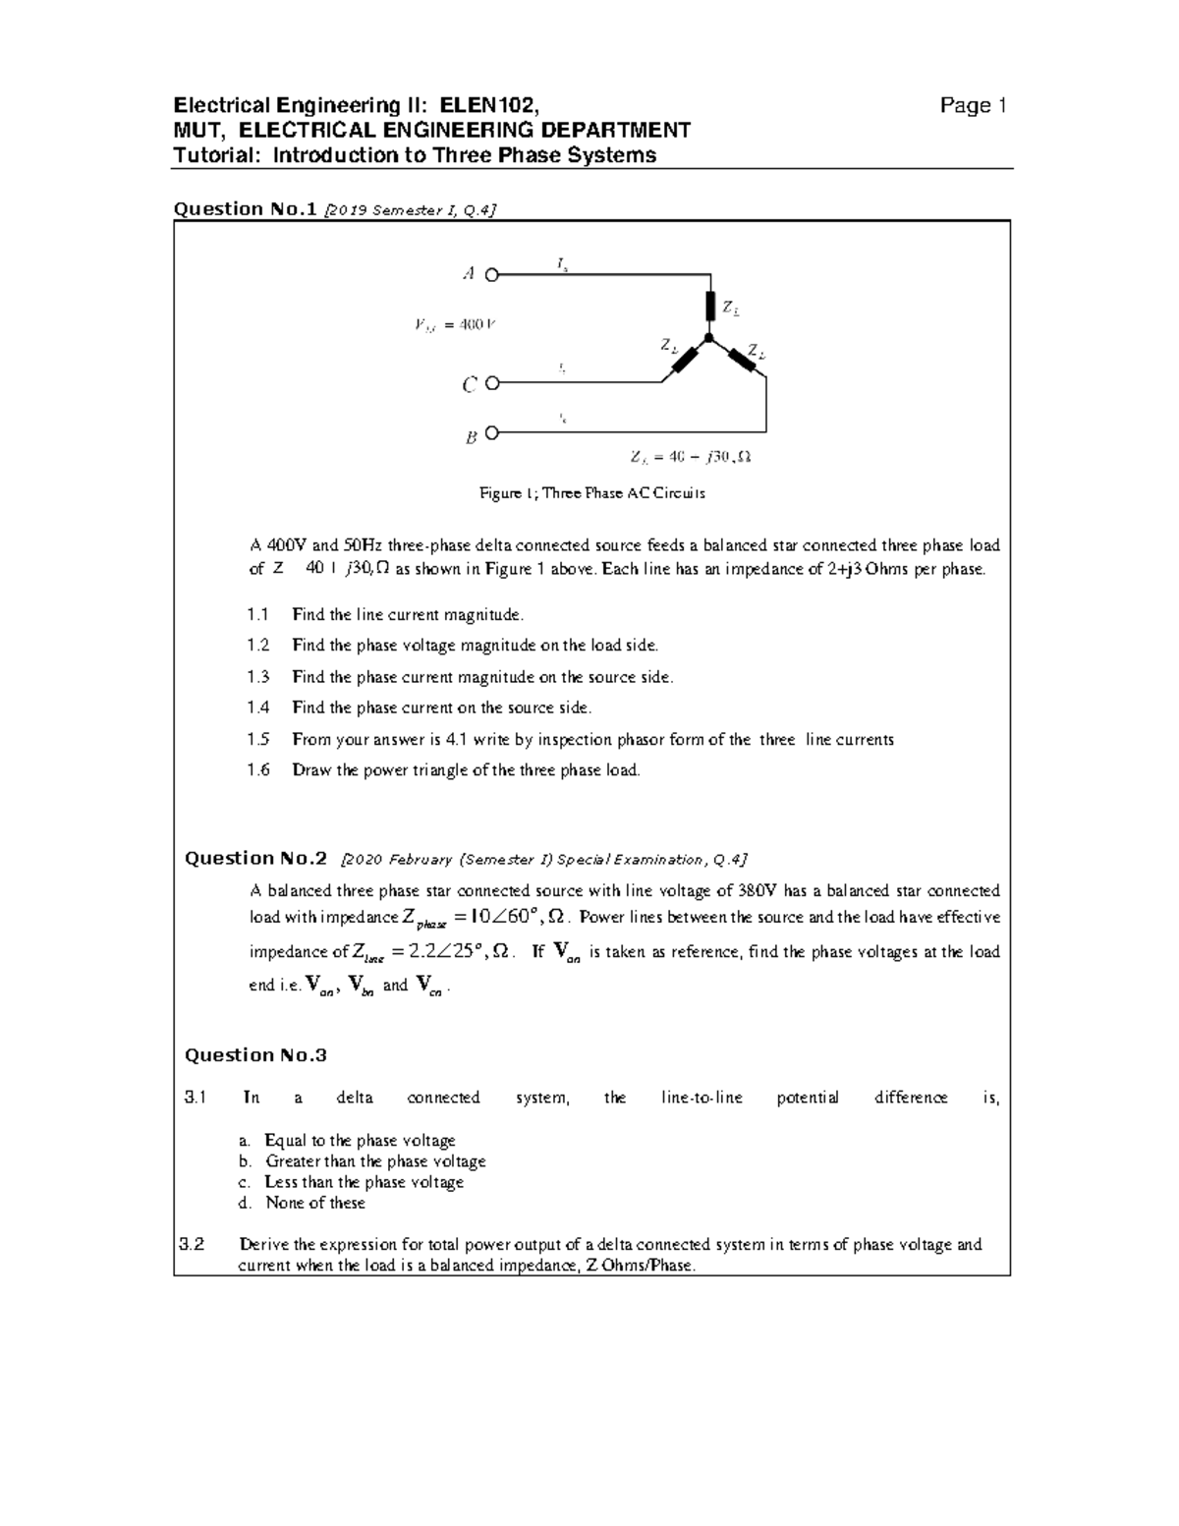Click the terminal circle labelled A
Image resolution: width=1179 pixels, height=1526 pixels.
492,275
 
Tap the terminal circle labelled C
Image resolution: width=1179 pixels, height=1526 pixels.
492,383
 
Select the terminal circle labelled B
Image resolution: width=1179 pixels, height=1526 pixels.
492,431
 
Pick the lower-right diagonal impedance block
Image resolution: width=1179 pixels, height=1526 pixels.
742,360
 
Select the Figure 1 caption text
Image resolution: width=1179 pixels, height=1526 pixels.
591,493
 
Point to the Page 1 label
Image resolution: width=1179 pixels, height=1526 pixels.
973,106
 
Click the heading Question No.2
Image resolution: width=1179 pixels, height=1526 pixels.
255,859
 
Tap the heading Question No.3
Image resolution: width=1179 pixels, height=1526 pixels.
255,1055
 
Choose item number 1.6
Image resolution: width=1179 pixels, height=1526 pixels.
258,770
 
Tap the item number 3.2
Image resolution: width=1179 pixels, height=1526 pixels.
193,1245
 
